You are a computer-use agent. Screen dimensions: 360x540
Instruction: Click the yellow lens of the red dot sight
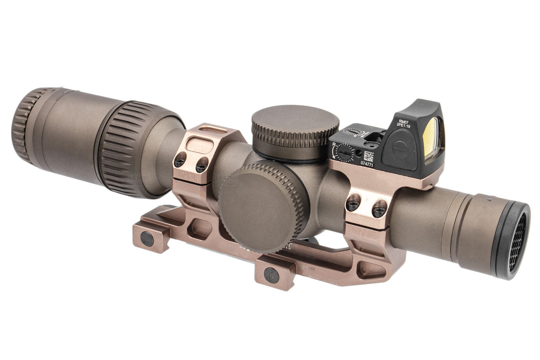431,138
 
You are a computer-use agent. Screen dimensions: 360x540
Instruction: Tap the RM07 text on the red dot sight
403,121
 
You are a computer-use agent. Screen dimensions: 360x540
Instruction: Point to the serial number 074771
367,164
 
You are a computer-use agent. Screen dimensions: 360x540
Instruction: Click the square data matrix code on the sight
369,155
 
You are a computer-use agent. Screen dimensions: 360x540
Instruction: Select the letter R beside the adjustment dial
334,145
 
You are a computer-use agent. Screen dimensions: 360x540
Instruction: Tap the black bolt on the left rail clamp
147,239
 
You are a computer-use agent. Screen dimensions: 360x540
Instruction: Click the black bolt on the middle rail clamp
271,275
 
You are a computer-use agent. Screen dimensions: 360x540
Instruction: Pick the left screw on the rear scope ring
181,160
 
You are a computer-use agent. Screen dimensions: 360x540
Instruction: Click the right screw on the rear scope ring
201,165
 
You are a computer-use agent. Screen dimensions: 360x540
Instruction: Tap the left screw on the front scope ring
354,203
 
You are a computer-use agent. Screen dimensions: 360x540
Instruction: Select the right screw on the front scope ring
379,208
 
